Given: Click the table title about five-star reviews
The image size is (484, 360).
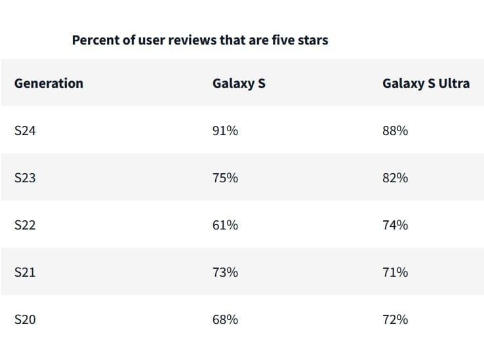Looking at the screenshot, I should [200, 40].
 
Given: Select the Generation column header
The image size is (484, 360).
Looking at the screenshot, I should [49, 83].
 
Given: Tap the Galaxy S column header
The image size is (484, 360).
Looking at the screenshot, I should [239, 83].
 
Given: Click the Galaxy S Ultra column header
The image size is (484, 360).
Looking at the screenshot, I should [426, 83].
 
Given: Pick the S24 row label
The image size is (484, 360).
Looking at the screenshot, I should [25, 130].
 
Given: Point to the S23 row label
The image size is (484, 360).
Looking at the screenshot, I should [25, 178].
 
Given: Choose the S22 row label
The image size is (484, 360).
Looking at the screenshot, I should [25, 225].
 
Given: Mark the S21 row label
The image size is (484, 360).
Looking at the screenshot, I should [25, 272].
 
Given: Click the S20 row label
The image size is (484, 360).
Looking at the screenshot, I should [25, 319].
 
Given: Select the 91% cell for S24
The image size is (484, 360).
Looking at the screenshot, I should [225, 130].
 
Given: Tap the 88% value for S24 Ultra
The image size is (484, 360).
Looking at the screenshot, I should [395, 130].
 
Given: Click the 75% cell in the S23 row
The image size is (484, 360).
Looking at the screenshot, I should [225, 178].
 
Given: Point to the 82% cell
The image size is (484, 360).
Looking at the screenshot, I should [395, 178].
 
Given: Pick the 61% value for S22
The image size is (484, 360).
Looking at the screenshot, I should [225, 225].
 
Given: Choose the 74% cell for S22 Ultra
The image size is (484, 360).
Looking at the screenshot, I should [395, 225].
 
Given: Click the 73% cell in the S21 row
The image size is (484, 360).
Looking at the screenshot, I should [225, 272].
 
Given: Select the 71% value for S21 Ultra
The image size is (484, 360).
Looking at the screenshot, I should [395, 272].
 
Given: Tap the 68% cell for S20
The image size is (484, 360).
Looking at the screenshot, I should [225, 319].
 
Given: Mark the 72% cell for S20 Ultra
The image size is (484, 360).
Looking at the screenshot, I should [395, 319].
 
